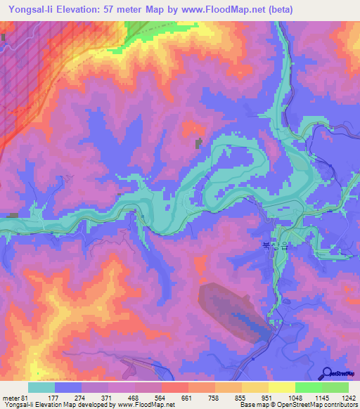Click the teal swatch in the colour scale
[41, 387]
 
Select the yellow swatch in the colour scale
[281, 387]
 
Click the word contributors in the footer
[340, 405]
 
